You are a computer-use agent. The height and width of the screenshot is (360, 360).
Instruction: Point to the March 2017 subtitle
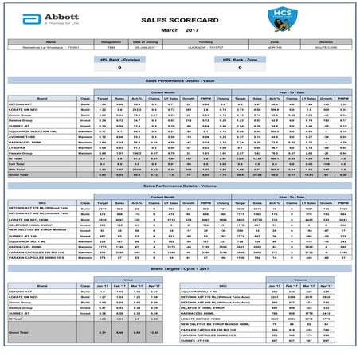click(x=180, y=29)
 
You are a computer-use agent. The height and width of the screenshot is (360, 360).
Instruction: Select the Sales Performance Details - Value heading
click(x=180, y=81)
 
